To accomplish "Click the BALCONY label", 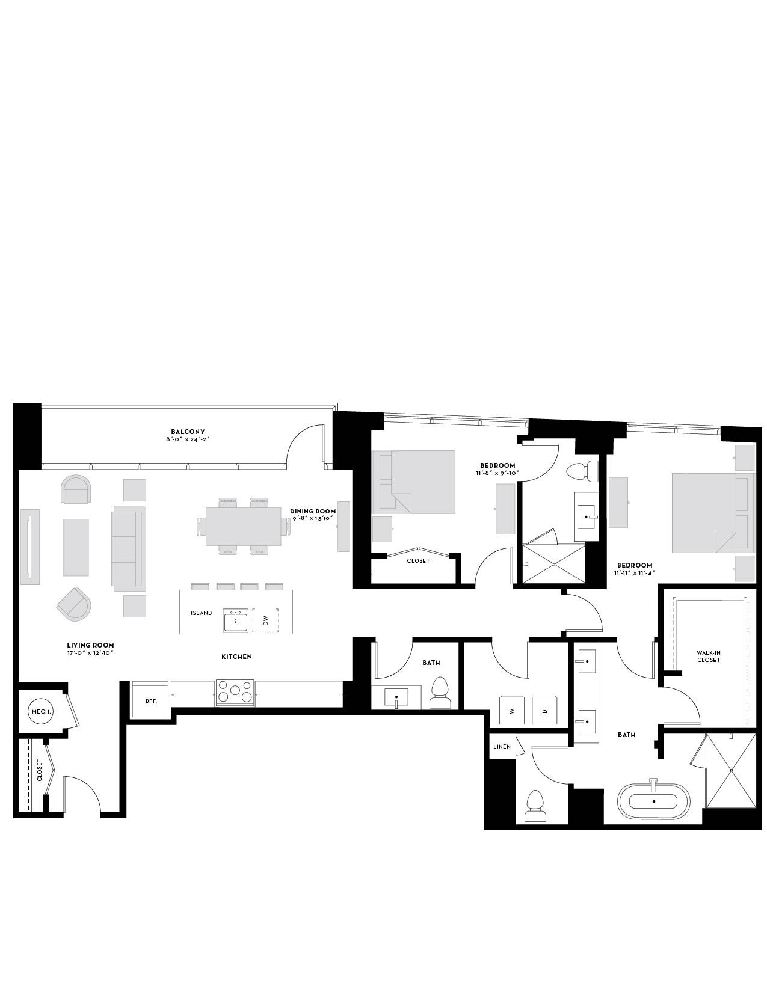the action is click(x=188, y=432).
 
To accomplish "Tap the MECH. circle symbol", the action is click(x=42, y=711).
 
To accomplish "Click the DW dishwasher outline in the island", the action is click(x=265, y=620).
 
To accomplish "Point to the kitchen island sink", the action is click(x=235, y=620).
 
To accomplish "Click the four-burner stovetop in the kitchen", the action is click(x=235, y=692).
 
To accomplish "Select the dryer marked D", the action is click(x=545, y=710).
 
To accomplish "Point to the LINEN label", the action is click(x=502, y=747).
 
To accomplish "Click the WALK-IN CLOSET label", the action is click(x=709, y=656).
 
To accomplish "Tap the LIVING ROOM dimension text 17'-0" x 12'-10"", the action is click(x=90, y=653).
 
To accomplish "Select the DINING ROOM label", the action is click(x=313, y=511).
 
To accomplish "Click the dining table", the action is click(x=243, y=526).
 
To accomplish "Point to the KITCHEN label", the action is click(x=236, y=657).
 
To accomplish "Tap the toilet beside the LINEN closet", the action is click(x=535, y=806).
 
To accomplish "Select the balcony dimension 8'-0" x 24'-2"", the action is click(x=188, y=439).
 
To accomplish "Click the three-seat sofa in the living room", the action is click(x=129, y=545).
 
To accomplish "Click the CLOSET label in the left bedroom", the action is click(x=418, y=560).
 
